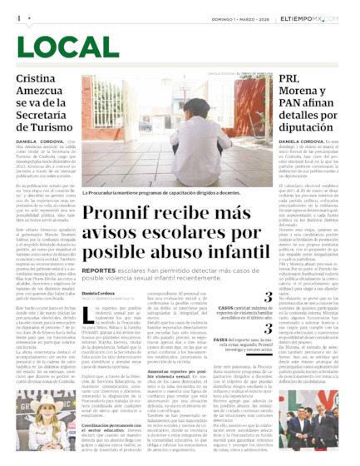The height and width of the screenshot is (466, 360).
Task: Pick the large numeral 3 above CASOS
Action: tap(268, 296)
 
